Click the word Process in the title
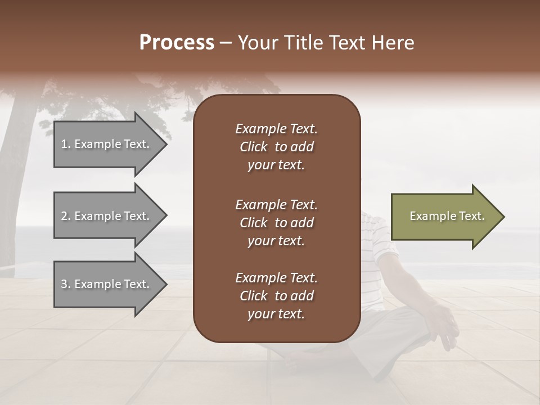pos(177,43)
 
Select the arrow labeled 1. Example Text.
pos(107,144)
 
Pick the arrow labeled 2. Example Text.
pos(107,216)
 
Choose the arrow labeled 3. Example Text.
pos(107,284)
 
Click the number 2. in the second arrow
pos(66,216)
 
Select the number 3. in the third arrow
pos(66,284)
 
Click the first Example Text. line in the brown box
pos(276,129)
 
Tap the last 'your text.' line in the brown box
pos(276,314)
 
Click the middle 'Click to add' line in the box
pos(276,223)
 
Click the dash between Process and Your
pos(226,43)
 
